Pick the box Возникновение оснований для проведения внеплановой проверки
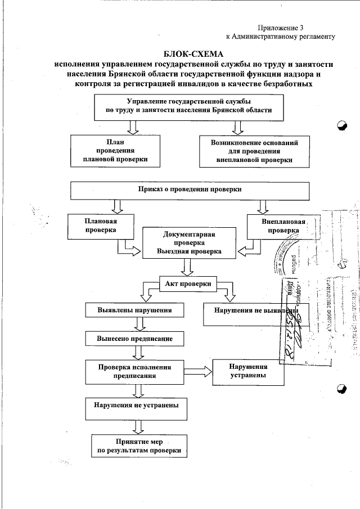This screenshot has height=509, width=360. pyautogui.click(x=255, y=151)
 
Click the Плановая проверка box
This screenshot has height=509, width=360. pyautogui.click(x=101, y=226)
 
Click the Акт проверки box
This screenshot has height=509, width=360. pyautogui.click(x=189, y=283)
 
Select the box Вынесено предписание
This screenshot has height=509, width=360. pyautogui.click(x=134, y=339)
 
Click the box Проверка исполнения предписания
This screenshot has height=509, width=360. pyautogui.click(x=134, y=371)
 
